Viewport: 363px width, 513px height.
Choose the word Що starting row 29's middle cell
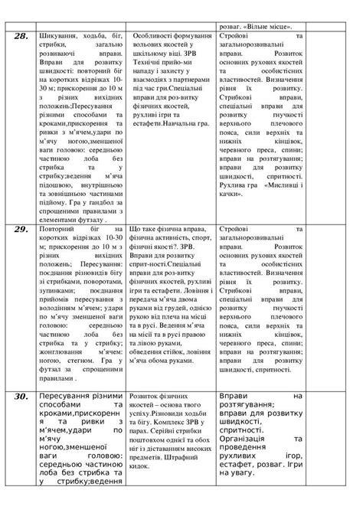tap(138, 229)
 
